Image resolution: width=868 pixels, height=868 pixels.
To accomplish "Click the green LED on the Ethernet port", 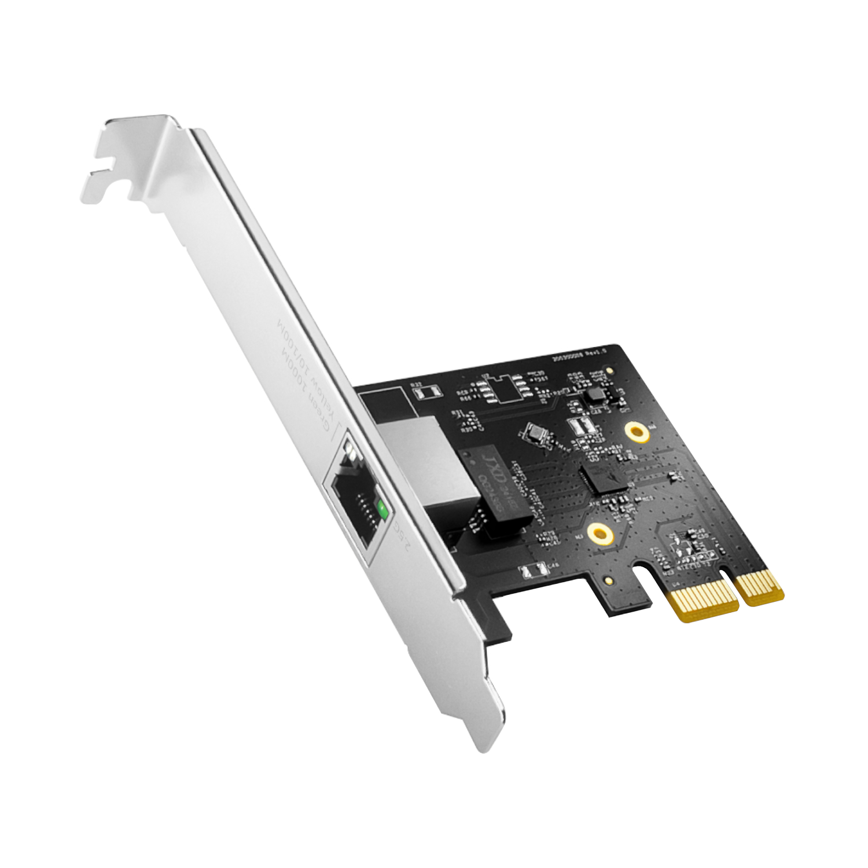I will click(x=381, y=510).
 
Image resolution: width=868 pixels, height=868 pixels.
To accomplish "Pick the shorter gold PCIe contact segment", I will click(x=763, y=586).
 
